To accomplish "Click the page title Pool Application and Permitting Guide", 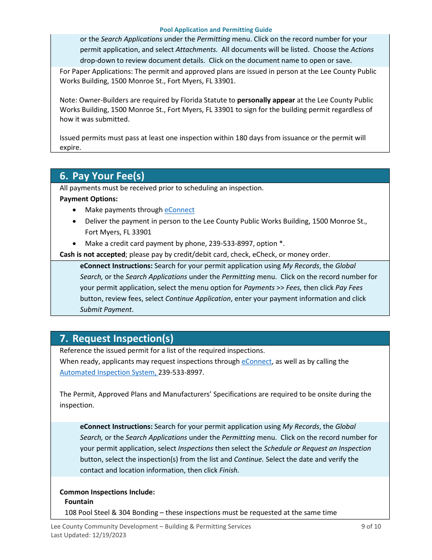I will [216, 30].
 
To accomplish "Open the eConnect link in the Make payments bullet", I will [179, 210].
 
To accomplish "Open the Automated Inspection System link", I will [108, 372].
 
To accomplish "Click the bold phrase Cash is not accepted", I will [92, 255].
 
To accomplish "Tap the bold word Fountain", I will [79, 502].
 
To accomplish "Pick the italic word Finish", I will [228, 470].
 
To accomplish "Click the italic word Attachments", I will [196, 50].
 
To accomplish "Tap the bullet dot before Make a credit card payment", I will [75, 244].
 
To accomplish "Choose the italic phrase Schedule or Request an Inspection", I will [317, 448].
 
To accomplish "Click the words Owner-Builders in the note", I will [99, 100].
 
